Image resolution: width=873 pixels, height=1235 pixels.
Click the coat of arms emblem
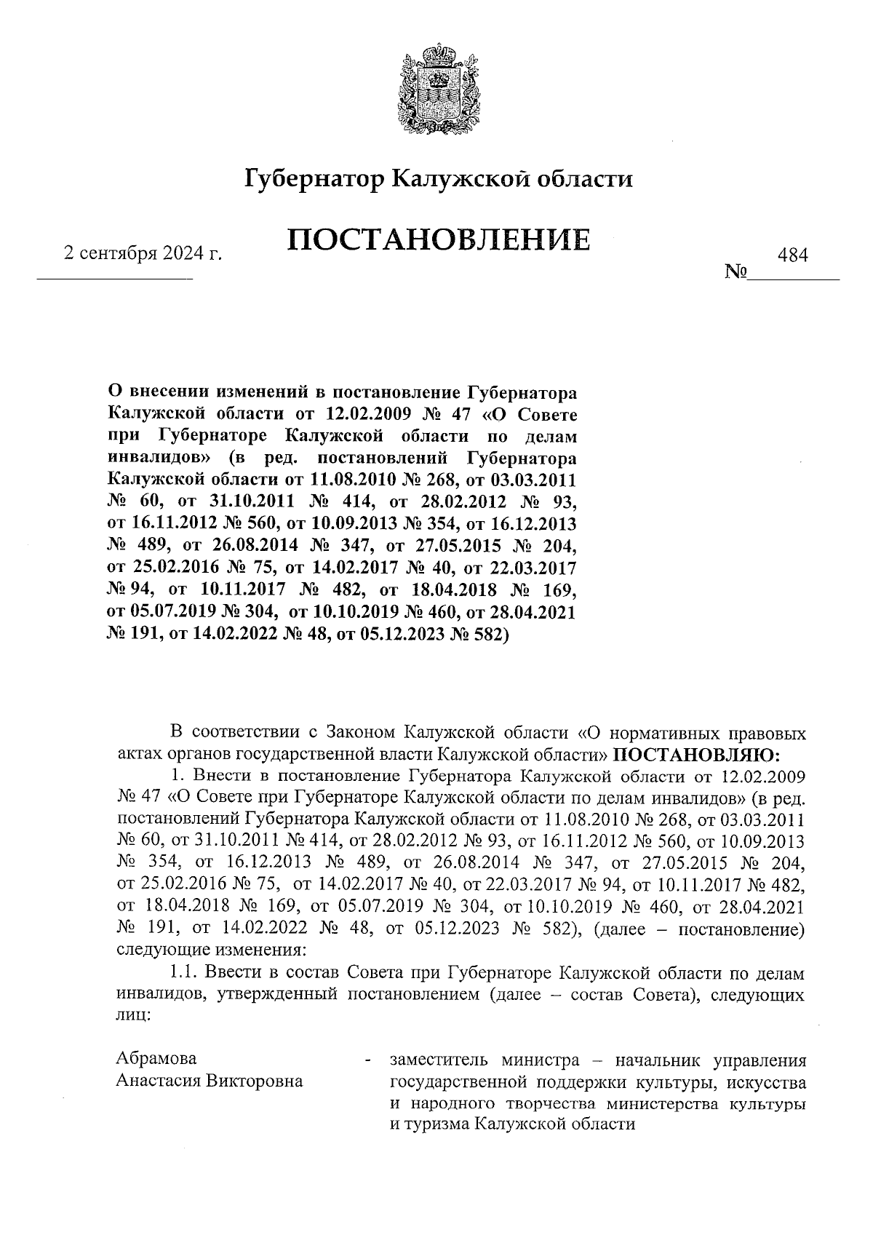tap(436, 91)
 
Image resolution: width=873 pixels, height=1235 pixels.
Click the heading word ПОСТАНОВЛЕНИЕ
tap(438, 239)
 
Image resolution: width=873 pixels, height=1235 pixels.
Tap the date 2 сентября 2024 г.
tap(143, 254)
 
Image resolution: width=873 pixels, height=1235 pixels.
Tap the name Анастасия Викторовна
tap(210, 1081)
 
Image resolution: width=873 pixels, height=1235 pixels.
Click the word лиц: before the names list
tap(133, 1017)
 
